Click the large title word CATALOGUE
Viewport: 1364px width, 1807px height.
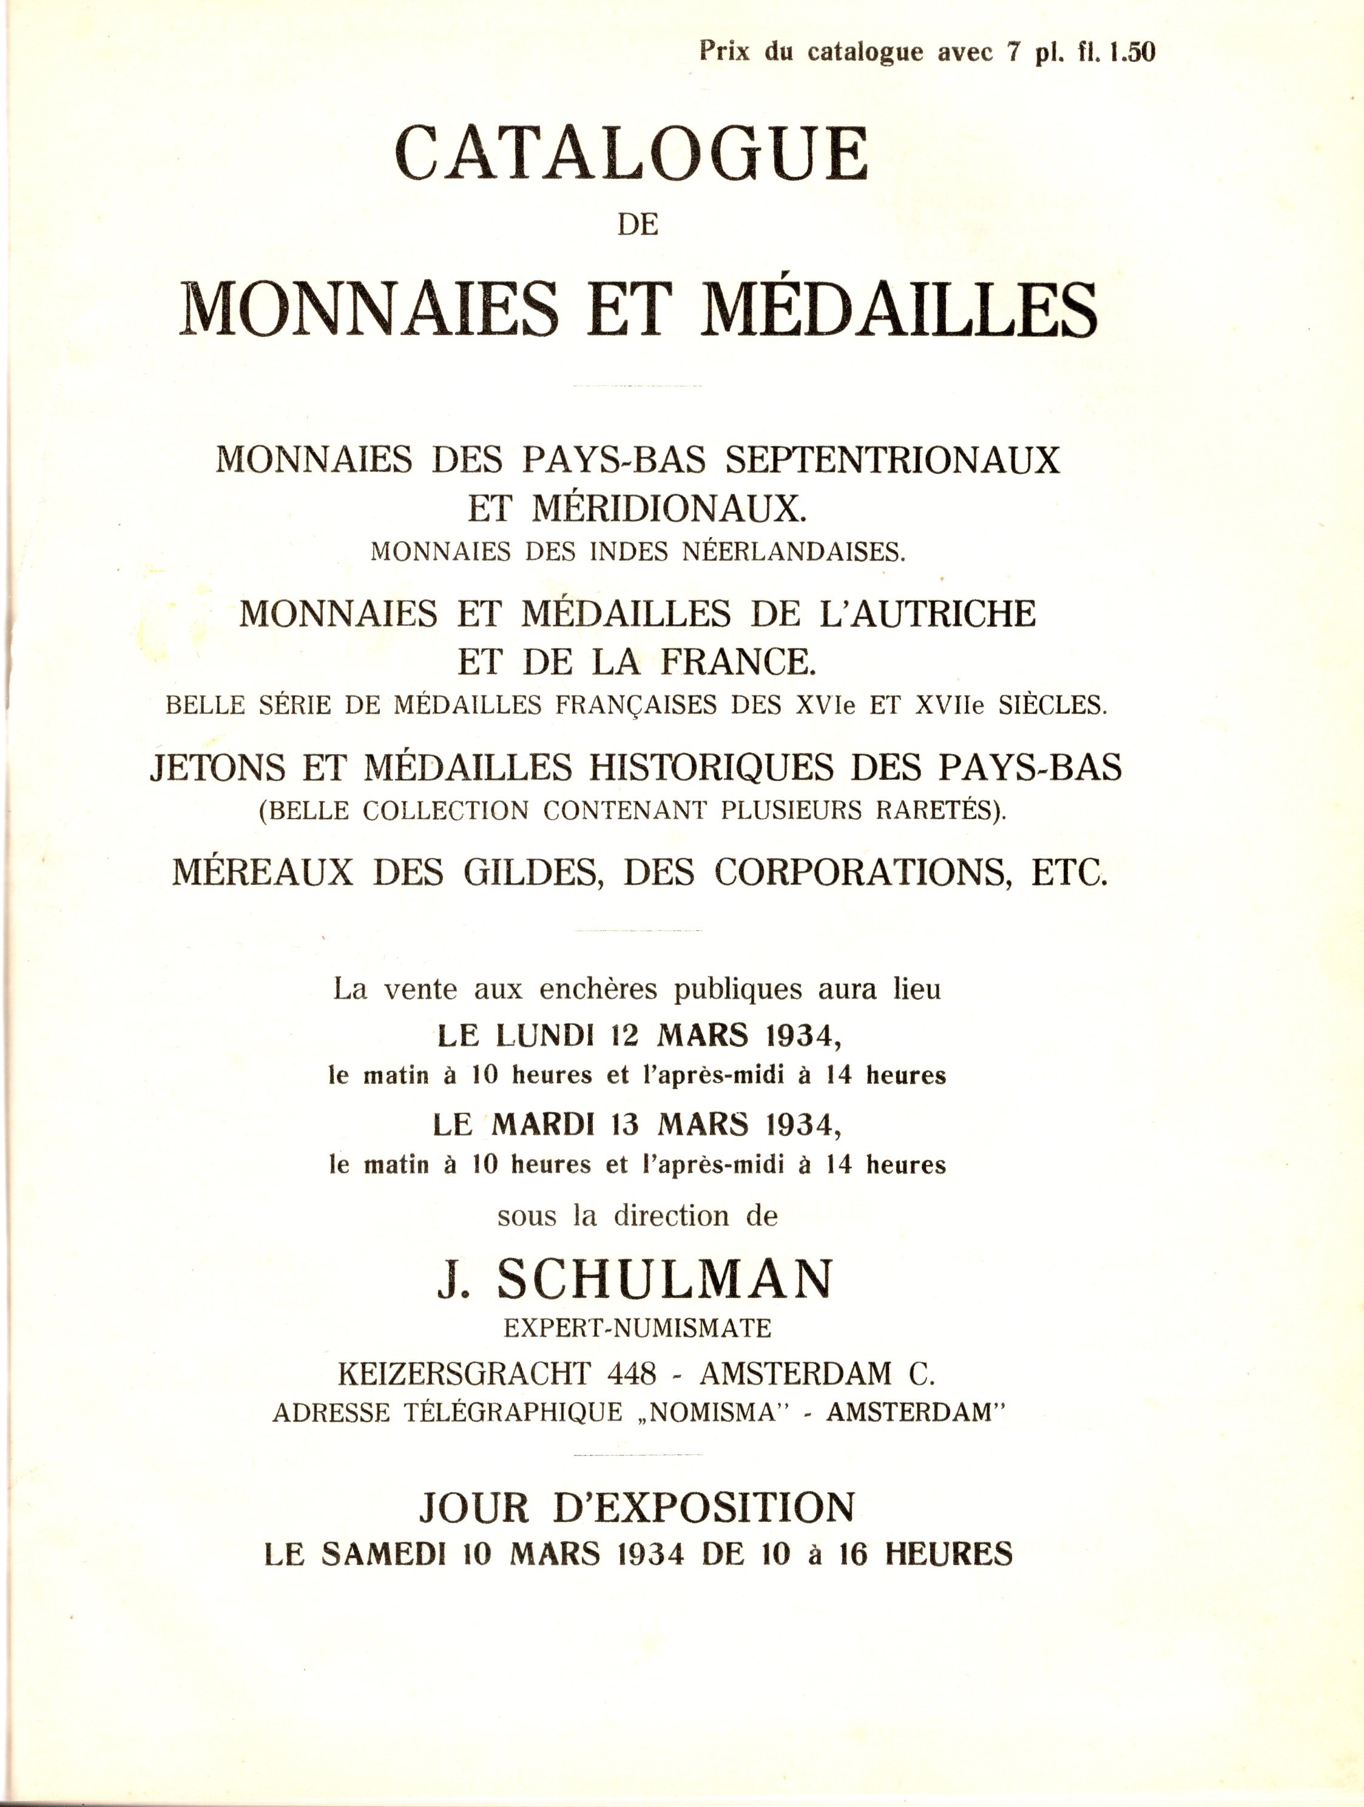pos(632,154)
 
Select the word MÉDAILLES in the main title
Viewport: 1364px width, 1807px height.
pos(899,311)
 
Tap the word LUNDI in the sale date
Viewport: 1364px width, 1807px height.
pos(541,1036)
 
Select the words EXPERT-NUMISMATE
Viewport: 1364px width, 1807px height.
pos(637,1328)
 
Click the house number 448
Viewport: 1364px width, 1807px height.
pos(632,1373)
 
